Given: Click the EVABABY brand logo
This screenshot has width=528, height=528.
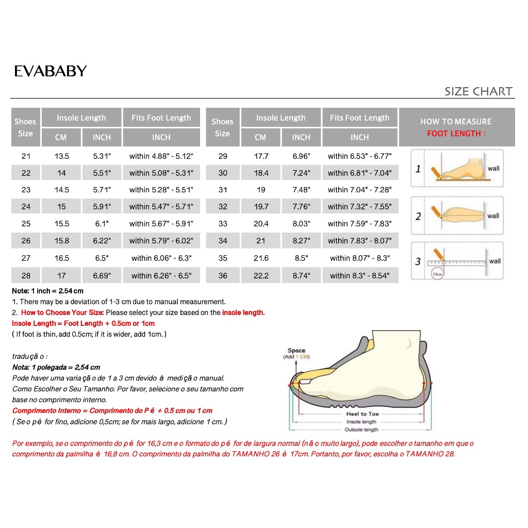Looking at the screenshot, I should click(x=51, y=71).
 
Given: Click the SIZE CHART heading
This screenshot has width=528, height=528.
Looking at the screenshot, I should click(x=478, y=92).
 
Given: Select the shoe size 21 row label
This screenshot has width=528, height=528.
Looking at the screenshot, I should click(x=26, y=156).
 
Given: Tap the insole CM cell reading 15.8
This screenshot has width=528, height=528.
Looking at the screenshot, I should click(x=62, y=241).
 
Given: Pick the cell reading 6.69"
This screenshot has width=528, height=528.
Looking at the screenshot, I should click(x=102, y=275).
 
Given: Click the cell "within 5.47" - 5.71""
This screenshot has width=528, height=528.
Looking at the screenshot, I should click(x=161, y=207).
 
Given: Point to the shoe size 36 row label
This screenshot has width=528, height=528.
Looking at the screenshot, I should click(x=223, y=275).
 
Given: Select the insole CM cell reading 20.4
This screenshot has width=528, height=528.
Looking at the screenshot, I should click(x=261, y=224).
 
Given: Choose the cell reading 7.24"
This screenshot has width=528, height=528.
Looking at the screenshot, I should click(x=301, y=173).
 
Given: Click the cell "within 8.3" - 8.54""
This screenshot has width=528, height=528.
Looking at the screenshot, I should click(x=360, y=275).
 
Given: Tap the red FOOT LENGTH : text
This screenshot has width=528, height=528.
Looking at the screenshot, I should click(x=456, y=134).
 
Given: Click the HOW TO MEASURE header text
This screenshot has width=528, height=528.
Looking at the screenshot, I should click(x=456, y=122).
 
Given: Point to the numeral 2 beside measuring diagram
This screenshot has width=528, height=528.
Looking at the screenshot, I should click(x=418, y=216).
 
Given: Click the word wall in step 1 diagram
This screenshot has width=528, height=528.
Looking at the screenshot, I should click(x=493, y=168).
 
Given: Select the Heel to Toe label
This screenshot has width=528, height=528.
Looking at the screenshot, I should click(x=362, y=414).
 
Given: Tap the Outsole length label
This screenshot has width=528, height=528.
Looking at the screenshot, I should click(x=361, y=430).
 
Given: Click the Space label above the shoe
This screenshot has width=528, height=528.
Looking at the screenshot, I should click(x=296, y=351).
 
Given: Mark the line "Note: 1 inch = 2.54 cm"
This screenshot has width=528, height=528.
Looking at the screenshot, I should click(x=48, y=291).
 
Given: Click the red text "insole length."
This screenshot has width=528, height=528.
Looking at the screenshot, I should click(x=243, y=312).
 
